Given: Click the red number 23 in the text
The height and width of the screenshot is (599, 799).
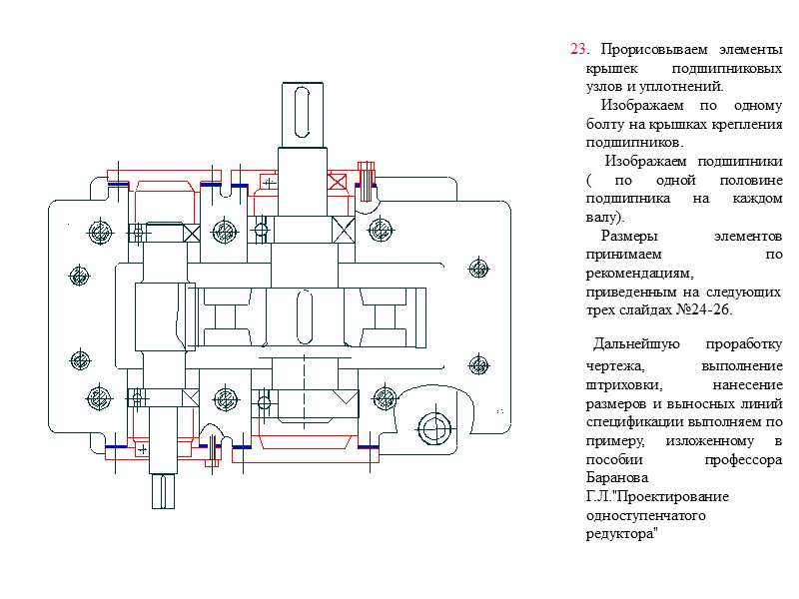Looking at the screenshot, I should [x=577, y=49].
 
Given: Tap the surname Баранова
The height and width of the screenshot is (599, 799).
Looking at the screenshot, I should [x=615, y=477].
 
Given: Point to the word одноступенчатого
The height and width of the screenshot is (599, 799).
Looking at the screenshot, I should [x=646, y=515].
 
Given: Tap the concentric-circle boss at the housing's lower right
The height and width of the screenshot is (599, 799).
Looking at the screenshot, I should [x=433, y=429].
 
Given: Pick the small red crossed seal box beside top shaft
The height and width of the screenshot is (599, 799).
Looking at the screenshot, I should [x=341, y=182].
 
